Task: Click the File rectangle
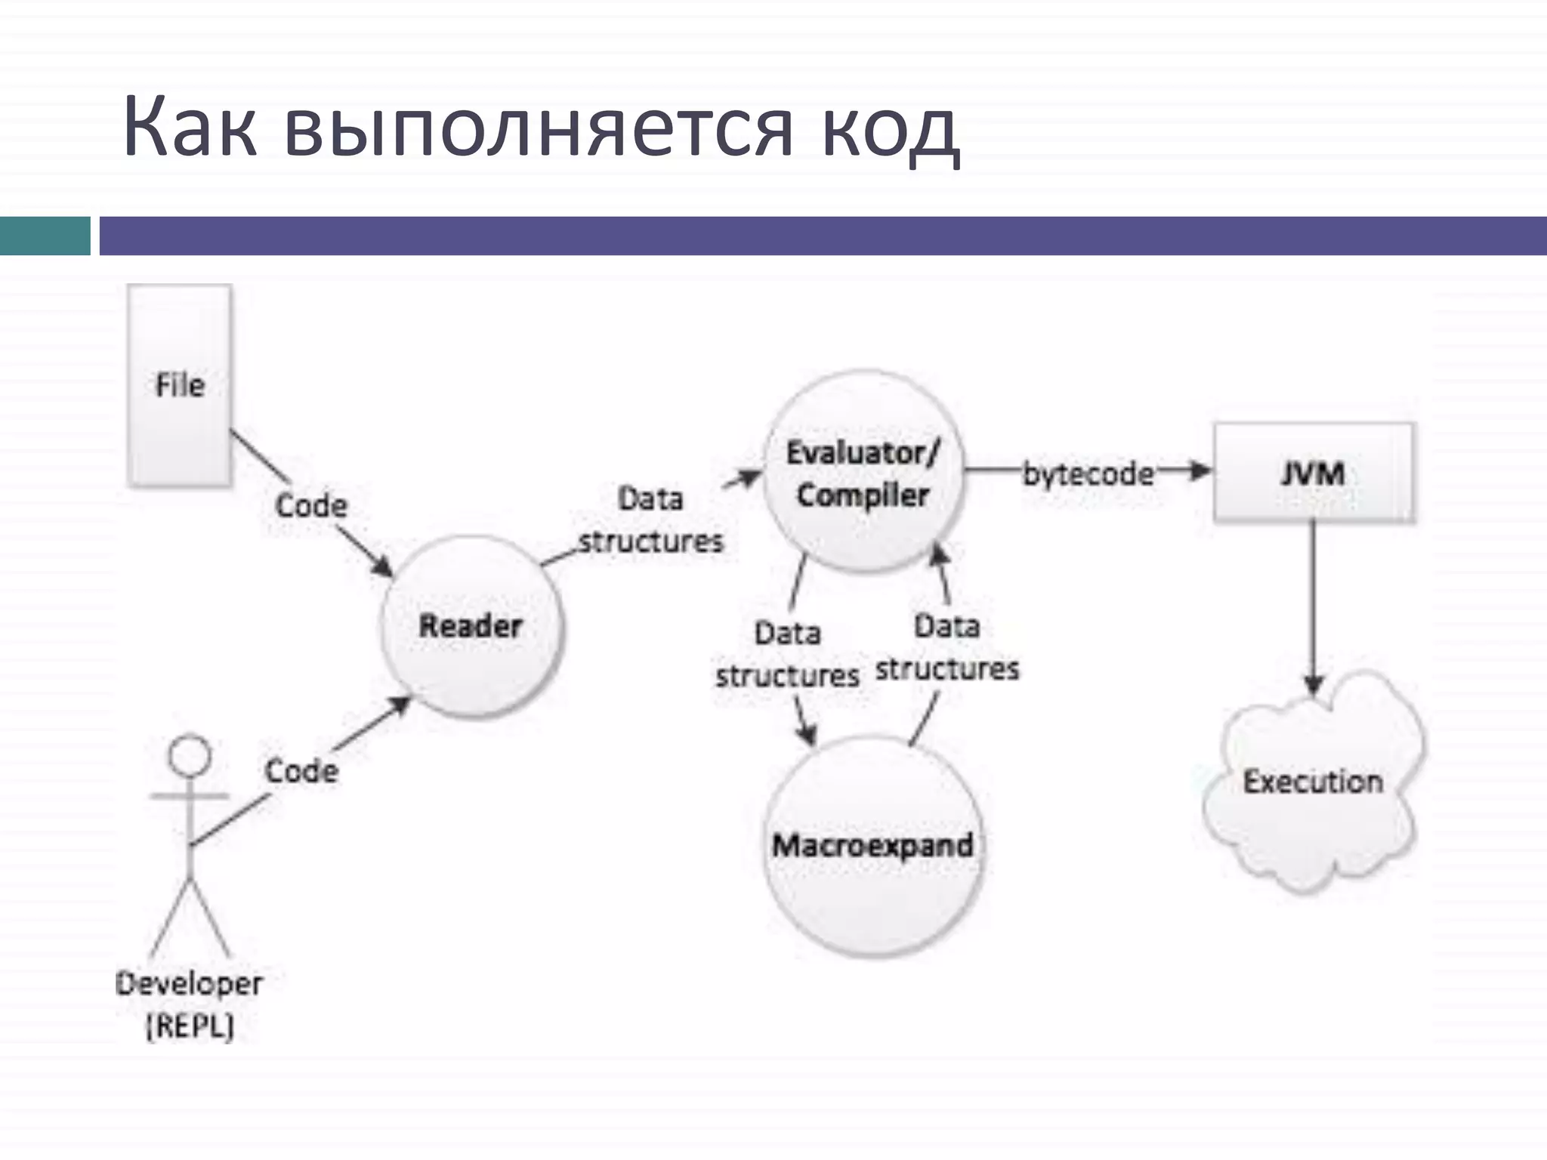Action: tap(180, 385)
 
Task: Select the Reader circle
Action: tap(471, 626)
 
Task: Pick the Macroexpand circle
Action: tap(873, 846)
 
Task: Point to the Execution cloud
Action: tap(1313, 782)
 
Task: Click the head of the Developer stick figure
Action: tap(190, 755)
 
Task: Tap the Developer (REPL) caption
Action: tap(190, 1004)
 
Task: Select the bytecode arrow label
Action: tap(1088, 474)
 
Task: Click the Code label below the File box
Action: tap(311, 505)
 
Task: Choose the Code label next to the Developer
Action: tap(301, 771)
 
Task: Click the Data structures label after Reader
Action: tap(651, 520)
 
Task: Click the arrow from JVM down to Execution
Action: tap(1314, 604)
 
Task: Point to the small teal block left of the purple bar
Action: tap(45, 236)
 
